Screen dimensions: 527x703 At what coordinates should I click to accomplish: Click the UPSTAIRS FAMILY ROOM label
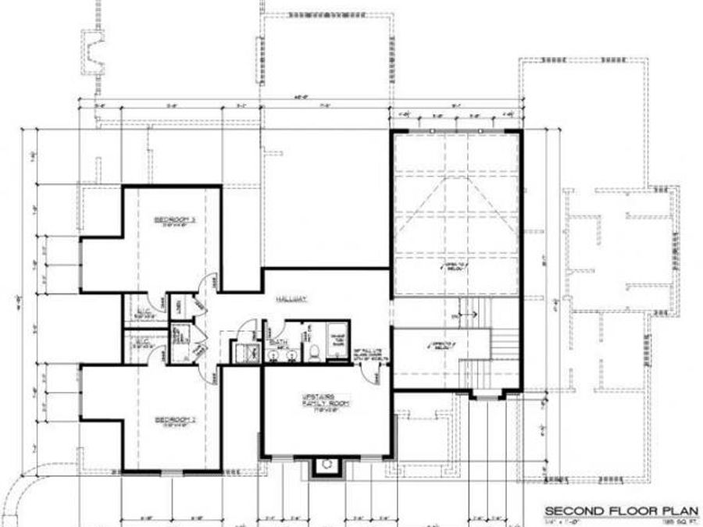324,399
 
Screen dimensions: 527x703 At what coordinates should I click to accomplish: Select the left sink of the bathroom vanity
273,354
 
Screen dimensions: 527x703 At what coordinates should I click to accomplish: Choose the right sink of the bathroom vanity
291,354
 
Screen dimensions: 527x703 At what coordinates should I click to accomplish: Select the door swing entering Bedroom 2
213,372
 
